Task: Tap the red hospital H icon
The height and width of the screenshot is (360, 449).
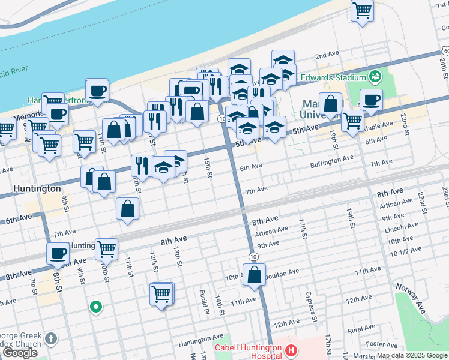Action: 291,350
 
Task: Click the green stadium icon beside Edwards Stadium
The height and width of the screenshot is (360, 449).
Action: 376,76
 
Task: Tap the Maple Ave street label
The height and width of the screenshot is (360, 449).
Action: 378,127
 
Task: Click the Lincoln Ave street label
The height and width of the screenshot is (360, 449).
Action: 402,229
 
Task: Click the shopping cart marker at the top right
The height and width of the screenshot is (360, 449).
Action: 362,10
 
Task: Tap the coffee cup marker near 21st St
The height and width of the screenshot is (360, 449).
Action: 370,100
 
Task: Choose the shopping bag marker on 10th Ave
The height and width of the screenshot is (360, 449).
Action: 255,275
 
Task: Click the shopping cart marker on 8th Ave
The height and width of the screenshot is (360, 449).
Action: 106,248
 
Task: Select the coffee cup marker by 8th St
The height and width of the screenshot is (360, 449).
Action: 58,254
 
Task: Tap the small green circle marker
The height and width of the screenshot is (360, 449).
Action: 95,308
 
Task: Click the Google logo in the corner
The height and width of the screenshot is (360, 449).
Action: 20,353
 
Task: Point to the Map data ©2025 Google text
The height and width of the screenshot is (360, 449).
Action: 412,355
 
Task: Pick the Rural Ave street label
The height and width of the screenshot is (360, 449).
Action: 361,329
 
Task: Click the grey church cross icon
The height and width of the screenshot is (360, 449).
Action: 52,339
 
